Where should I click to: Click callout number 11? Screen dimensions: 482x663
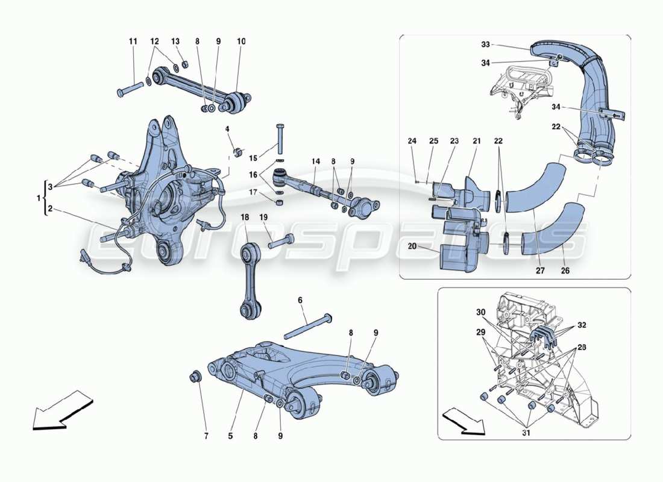point(133,42)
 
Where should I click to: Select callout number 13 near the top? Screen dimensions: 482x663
point(175,42)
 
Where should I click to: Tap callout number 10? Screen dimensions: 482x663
point(241,42)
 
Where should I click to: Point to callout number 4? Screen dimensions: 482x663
point(227,129)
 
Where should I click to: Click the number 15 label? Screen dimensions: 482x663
point(253,158)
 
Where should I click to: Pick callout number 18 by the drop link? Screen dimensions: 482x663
point(245,216)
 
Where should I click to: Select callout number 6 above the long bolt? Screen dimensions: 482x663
point(300,300)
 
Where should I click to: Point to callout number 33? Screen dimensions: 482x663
point(485,45)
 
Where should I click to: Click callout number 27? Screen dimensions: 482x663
point(541,271)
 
